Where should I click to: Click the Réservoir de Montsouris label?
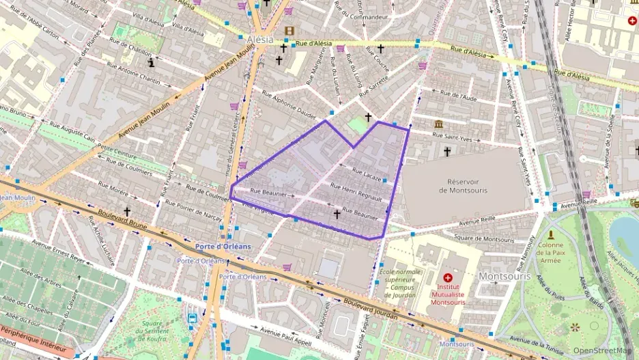click(466, 185)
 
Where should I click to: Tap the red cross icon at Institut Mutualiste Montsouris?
click(448, 278)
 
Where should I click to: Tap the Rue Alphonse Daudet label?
click(291, 102)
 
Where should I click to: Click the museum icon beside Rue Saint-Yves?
click(438, 124)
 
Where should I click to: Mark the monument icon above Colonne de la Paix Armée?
click(550, 234)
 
